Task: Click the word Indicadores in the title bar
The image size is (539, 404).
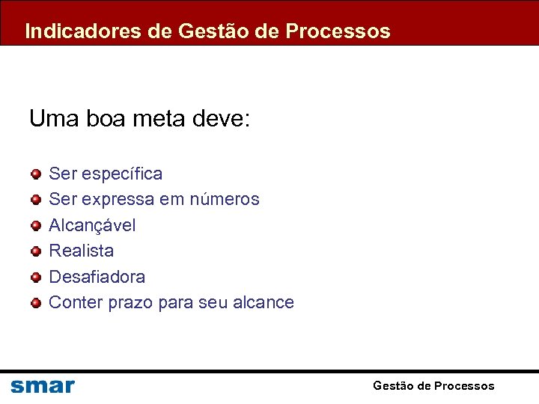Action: pos(73,31)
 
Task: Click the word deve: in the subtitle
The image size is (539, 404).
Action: pos(222,118)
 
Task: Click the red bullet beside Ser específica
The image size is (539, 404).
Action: pos(36,174)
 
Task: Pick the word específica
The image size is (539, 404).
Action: pos(122,174)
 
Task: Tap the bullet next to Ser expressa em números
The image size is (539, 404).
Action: pos(36,200)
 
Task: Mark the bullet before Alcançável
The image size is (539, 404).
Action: pos(36,225)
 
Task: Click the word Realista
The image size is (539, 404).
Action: pos(81,251)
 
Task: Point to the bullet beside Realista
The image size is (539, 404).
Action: pos(36,251)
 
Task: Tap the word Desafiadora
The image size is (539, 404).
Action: pos(97,277)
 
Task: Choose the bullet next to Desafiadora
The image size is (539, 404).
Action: pos(36,277)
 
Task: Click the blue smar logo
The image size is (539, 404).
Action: pos(43,386)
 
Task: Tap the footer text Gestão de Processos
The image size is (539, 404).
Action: pos(433,386)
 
